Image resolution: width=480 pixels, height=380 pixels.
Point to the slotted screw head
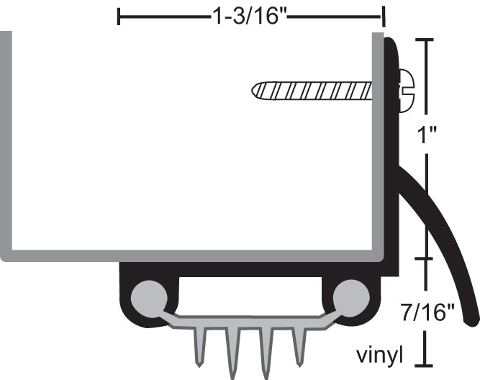click(x=405, y=91)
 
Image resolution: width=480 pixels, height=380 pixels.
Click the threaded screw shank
click(x=313, y=91)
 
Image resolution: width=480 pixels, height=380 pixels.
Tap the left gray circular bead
click(x=149, y=295)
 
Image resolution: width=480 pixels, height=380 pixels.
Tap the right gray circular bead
click(x=350, y=295)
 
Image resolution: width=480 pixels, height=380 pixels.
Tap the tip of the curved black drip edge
click(x=471, y=317)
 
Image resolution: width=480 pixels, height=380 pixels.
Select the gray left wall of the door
click(x=6, y=144)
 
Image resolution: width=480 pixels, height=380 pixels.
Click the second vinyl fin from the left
click(x=232, y=353)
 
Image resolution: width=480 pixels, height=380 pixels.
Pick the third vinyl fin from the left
click(x=266, y=353)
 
